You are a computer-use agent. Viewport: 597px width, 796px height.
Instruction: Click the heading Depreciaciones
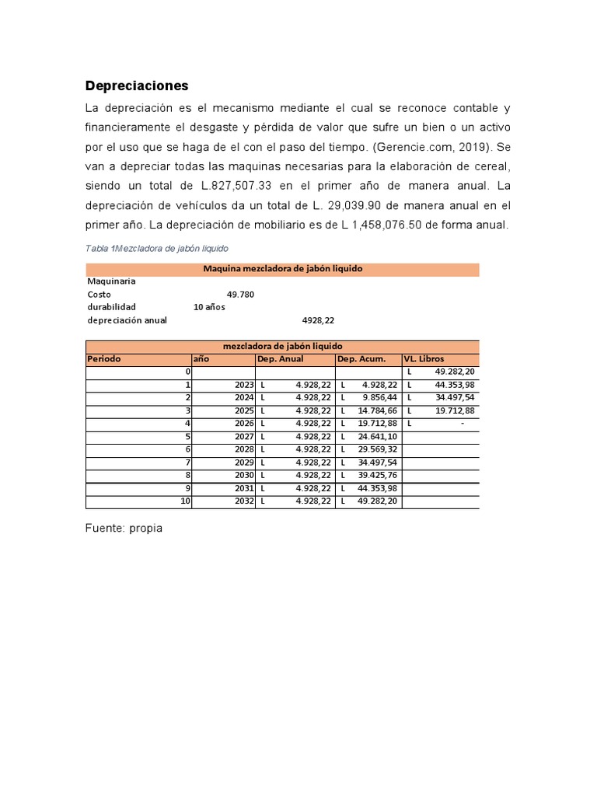coord(137,86)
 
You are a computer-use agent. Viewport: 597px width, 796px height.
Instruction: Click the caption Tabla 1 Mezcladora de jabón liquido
coord(157,248)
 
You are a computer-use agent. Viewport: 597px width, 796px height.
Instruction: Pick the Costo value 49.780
coord(240,295)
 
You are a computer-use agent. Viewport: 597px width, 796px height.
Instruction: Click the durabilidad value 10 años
coord(209,307)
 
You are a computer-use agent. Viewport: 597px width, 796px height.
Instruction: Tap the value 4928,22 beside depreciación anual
coord(317,319)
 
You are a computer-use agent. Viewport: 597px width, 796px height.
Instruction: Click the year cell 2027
coord(243,436)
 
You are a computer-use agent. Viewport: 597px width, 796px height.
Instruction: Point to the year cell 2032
coord(243,501)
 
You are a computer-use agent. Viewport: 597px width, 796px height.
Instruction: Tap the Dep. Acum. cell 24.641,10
coord(377,436)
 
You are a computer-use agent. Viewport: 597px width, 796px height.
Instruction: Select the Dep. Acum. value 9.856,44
coord(379,397)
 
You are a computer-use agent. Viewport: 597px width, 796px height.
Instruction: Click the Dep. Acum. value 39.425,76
coord(377,475)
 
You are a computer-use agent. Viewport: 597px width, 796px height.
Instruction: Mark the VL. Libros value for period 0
coord(454,372)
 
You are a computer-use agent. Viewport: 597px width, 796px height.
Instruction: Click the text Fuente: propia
coord(124,528)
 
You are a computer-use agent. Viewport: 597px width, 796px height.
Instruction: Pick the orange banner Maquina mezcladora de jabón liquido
coord(282,269)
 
